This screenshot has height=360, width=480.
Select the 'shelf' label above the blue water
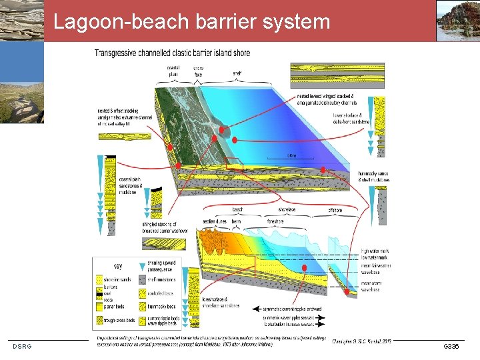(x=237, y=73)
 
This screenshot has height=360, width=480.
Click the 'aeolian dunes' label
(x=215, y=221)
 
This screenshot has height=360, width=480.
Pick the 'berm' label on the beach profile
(x=237, y=221)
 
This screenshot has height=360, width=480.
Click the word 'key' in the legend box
(x=118, y=263)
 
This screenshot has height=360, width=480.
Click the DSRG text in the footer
(x=22, y=345)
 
